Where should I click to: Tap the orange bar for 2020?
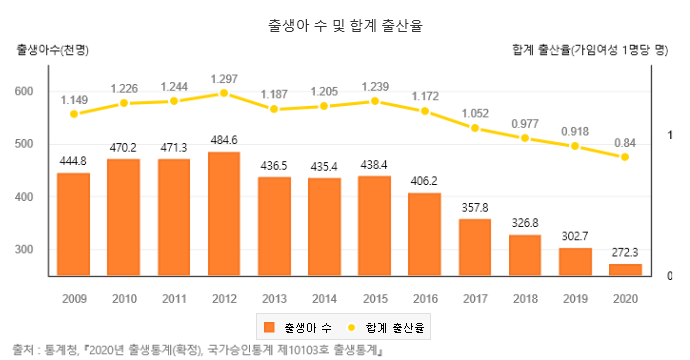(x=625, y=269)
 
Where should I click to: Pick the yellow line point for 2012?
(x=223, y=93)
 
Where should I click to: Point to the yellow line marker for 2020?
(x=625, y=157)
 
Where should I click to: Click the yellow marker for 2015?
(x=374, y=101)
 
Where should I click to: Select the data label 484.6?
(x=223, y=139)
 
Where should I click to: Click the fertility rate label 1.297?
(x=223, y=78)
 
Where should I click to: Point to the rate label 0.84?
(x=625, y=141)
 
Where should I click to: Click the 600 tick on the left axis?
(x=24, y=92)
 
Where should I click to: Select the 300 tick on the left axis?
(x=24, y=249)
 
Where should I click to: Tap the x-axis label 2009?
(x=73, y=298)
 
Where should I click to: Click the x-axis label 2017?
(x=475, y=298)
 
